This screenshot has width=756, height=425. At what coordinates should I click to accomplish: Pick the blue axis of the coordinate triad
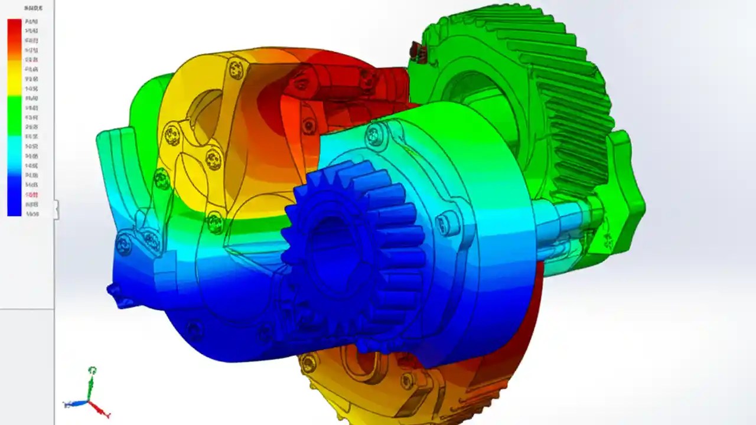click(75, 404)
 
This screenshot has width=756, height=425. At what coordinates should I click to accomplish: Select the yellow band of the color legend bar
click(14, 80)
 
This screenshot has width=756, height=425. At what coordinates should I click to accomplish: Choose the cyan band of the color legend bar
click(14, 148)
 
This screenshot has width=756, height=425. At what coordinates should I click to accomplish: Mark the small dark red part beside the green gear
click(418, 52)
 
